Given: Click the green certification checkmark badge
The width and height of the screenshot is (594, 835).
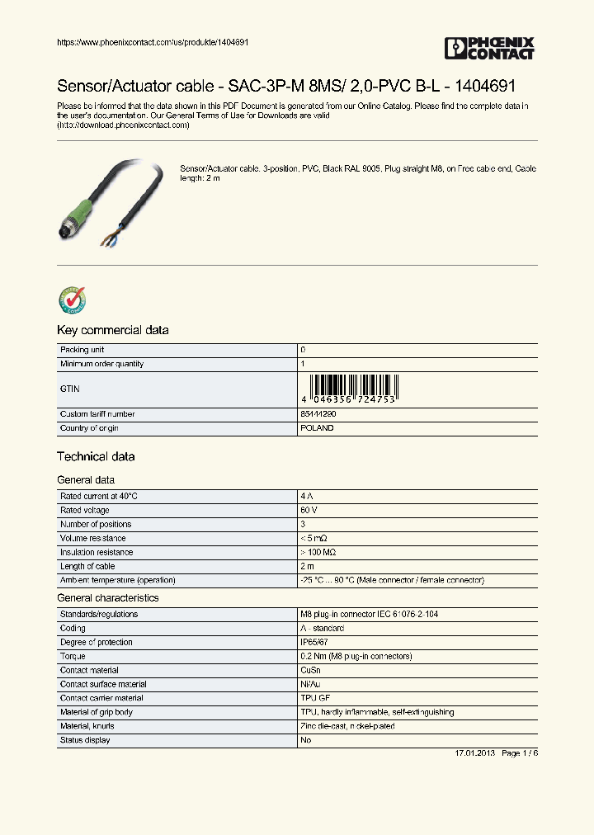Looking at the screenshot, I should (72, 300).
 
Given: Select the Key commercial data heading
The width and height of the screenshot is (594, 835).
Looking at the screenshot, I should (112, 330).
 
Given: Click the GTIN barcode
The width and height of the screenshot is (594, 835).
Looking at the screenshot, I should (354, 388).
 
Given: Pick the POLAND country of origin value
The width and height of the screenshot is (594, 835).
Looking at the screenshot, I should (318, 428).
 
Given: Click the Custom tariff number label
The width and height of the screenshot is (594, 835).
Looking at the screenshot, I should (97, 414).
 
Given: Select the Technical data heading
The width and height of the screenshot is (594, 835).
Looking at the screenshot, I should (96, 456).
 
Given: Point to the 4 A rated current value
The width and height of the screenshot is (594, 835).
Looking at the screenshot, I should (307, 496).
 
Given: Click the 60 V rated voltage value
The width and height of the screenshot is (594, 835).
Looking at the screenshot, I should (309, 510).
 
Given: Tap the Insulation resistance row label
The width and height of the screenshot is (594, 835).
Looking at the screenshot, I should (97, 552).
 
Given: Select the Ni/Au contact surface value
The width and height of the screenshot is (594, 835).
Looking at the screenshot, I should (312, 684).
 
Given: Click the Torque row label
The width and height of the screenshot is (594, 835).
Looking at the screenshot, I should (73, 656).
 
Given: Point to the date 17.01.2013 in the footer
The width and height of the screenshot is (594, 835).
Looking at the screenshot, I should (474, 754).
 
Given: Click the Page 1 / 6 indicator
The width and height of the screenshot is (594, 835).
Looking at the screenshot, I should (519, 754).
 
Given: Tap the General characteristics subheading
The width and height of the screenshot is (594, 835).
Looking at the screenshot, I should (107, 597).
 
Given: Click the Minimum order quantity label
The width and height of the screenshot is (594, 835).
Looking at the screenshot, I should (101, 364).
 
